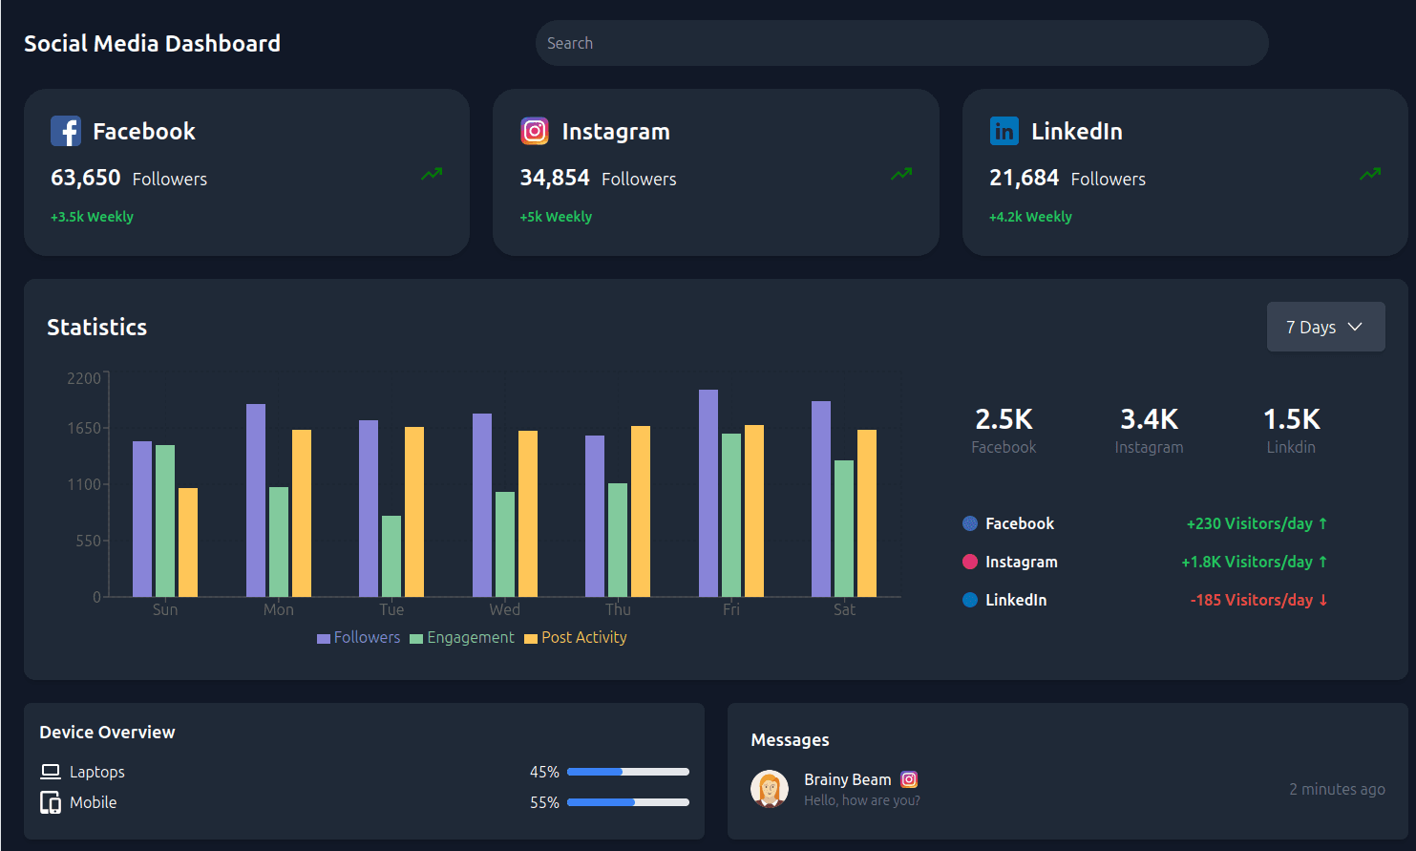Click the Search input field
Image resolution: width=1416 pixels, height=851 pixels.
(x=901, y=43)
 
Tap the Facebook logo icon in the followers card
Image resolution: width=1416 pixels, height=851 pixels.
(x=66, y=131)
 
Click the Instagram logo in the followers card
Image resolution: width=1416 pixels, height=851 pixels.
(x=535, y=131)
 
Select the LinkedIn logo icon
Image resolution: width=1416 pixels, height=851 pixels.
(x=1004, y=131)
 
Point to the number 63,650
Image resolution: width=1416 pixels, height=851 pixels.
(x=86, y=178)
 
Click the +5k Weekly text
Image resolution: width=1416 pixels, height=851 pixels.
(x=556, y=217)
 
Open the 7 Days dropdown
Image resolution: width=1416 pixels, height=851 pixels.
(x=1325, y=327)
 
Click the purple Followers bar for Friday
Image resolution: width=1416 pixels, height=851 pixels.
(x=708, y=493)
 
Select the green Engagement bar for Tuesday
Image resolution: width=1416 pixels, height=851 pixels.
(x=391, y=556)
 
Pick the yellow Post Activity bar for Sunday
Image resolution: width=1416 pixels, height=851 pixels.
(x=188, y=543)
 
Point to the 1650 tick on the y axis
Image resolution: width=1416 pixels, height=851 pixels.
(x=84, y=428)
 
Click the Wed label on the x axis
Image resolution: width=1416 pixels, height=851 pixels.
(x=504, y=609)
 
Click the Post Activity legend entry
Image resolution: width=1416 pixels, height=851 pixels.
(x=576, y=637)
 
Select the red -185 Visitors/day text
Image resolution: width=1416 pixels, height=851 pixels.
(x=1257, y=600)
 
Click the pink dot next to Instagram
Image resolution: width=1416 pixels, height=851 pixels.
(x=970, y=562)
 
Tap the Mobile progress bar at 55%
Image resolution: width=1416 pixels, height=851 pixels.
(x=627, y=802)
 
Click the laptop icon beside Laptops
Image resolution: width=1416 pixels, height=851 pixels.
(x=51, y=772)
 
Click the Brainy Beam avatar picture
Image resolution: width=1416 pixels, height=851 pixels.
(x=770, y=789)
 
